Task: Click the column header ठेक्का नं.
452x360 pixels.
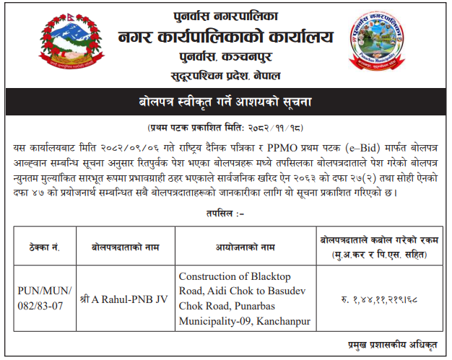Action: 43,247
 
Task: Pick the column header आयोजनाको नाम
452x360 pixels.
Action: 245,247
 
